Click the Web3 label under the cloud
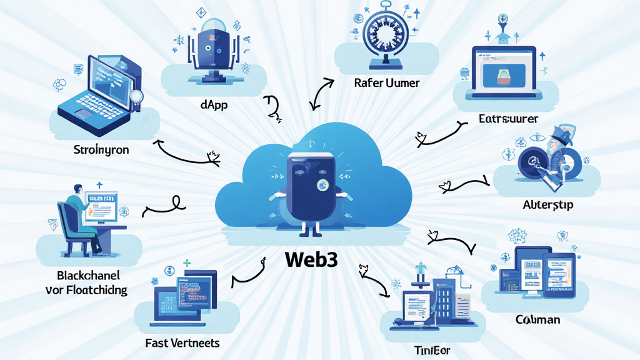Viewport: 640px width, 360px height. coord(311,259)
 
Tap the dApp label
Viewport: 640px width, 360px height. coord(214,105)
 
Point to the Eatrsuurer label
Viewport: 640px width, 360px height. coord(508,118)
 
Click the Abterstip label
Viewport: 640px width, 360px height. coord(547,204)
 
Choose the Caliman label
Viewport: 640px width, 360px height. coord(537,319)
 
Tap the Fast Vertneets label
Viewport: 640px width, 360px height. coord(182,343)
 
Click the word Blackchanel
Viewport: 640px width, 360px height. coord(88,276)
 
